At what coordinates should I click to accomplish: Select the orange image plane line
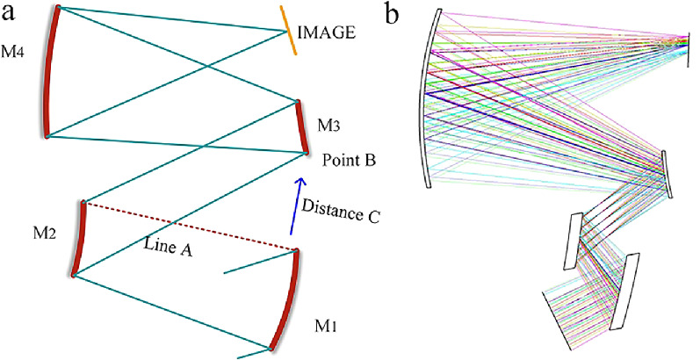coord(288,32)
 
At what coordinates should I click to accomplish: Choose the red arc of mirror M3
coord(301,126)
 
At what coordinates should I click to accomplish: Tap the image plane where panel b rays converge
coord(688,39)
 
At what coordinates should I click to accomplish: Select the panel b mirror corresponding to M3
coord(668,173)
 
